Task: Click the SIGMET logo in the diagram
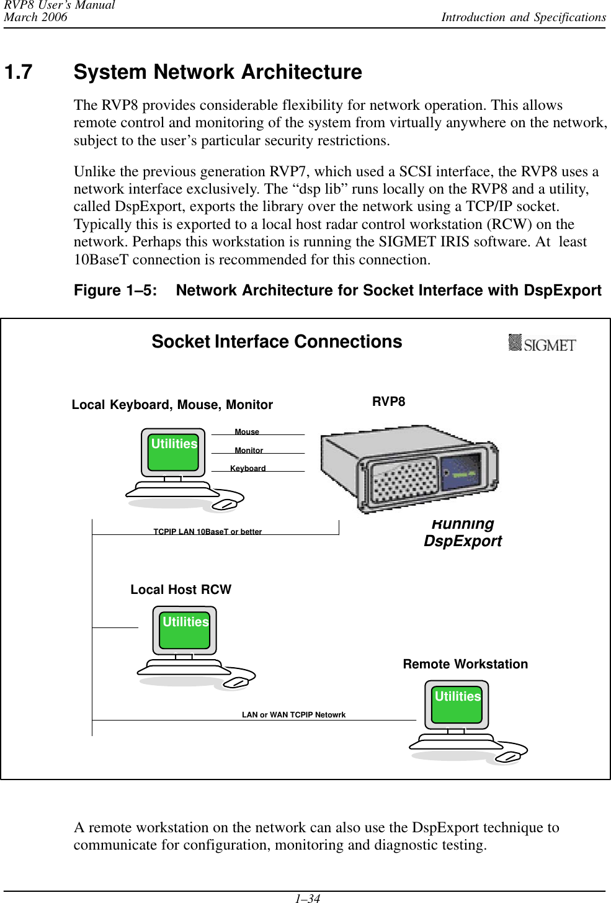pyautogui.click(x=542, y=343)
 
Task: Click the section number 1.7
pyautogui.click(x=19, y=73)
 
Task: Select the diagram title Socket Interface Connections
pyautogui.click(x=277, y=342)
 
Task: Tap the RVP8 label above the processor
pyautogui.click(x=388, y=402)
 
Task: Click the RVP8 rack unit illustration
pyautogui.click(x=409, y=469)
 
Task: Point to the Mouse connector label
pyautogui.click(x=247, y=432)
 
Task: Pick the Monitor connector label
pyautogui.click(x=249, y=451)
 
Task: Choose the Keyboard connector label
pyautogui.click(x=248, y=469)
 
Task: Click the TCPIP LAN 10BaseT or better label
pyautogui.click(x=207, y=532)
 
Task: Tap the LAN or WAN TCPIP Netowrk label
pyautogui.click(x=293, y=715)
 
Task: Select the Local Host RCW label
pyautogui.click(x=181, y=590)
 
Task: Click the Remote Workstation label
pyautogui.click(x=465, y=664)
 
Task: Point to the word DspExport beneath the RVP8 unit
pyautogui.click(x=463, y=541)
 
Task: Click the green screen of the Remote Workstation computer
pyautogui.click(x=457, y=703)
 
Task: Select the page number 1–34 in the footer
pyautogui.click(x=307, y=898)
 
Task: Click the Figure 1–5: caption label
pyautogui.click(x=115, y=290)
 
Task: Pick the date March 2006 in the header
pyautogui.click(x=35, y=17)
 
